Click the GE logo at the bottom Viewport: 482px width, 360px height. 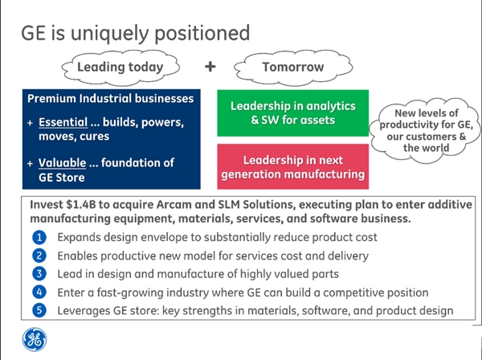pos(35,339)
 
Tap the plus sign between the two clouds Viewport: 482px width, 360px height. pos(210,67)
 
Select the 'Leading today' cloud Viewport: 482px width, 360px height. pos(120,67)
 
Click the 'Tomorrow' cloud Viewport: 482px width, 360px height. pos(293,67)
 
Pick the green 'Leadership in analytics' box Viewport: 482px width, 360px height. pos(293,112)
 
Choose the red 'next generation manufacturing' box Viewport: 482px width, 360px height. pos(293,166)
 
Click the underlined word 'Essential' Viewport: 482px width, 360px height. pos(63,122)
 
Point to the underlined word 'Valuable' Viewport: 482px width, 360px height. pos(63,163)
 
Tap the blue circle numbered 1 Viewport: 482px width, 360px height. pos(39,237)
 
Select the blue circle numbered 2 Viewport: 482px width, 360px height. pos(39,256)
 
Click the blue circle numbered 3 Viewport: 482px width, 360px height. pos(39,273)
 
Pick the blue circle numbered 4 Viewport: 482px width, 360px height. pos(39,292)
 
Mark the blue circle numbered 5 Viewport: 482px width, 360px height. pos(39,310)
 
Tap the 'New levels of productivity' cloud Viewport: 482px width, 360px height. pos(426,130)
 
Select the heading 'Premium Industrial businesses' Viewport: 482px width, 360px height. pos(111,99)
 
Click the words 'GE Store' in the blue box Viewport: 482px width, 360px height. pos(62,178)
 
